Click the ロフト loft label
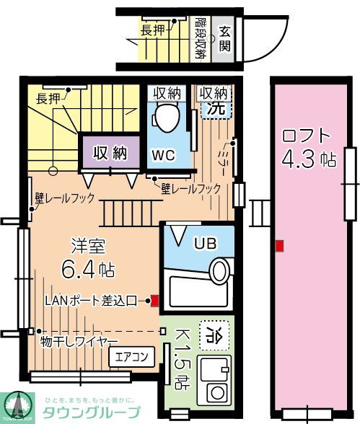tap(307, 135)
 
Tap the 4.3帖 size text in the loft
tap(309, 159)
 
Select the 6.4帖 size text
tap(87, 270)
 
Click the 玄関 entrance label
tap(225, 37)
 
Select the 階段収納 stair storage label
tap(201, 39)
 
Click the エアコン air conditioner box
tap(131, 356)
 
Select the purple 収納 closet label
tap(109, 153)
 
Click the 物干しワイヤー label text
tap(79, 340)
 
